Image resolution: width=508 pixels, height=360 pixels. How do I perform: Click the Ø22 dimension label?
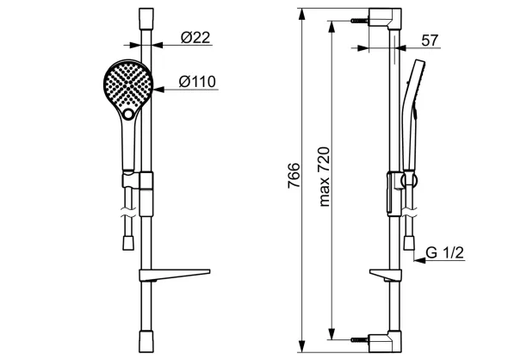pos(195,38)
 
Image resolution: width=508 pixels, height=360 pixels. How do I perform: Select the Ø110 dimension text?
pos(197,81)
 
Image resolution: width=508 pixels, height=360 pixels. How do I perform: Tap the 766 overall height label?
pos(294,176)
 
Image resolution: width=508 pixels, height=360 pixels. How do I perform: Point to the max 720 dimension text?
pos(325,177)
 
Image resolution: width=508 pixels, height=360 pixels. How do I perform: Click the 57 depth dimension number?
pos(430,40)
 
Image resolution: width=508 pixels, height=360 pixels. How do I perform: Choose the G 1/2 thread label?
pos(445,252)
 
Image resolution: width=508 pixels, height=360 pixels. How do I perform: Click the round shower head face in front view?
pos(128,85)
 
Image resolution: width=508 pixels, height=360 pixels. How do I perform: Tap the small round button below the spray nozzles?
pos(128,114)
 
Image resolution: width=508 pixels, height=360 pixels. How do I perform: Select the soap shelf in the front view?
pos(174,275)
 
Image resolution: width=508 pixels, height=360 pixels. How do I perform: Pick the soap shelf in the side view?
pos(386,275)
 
